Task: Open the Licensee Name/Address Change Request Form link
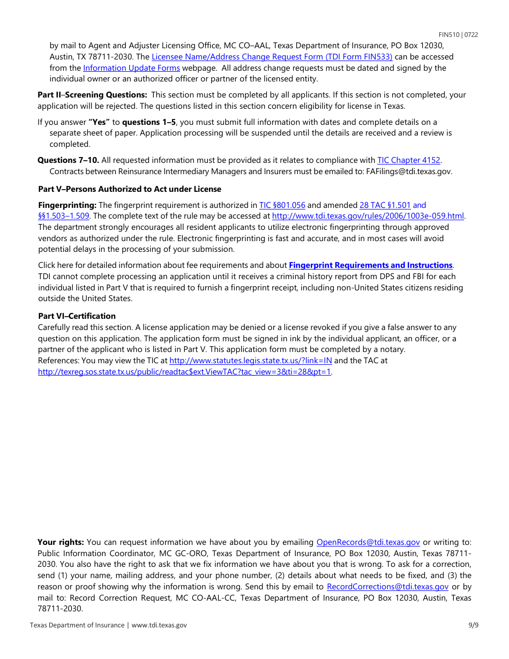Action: [272, 57]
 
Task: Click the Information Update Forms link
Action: [131, 68]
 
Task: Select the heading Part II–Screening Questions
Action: [92, 95]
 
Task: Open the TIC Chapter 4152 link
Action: [409, 160]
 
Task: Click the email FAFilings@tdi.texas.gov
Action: [409, 171]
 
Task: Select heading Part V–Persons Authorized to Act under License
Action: [130, 189]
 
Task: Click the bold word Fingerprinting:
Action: [68, 205]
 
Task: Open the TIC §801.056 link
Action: [282, 205]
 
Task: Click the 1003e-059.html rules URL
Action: [368, 216]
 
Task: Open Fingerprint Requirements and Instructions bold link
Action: [370, 265]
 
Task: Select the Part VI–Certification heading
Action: [77, 316]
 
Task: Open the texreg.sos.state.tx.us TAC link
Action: [184, 372]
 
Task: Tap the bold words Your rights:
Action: [61, 542]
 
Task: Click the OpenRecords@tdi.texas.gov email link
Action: [368, 542]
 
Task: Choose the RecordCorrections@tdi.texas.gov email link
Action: [387, 587]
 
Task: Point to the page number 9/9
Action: [472, 625]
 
